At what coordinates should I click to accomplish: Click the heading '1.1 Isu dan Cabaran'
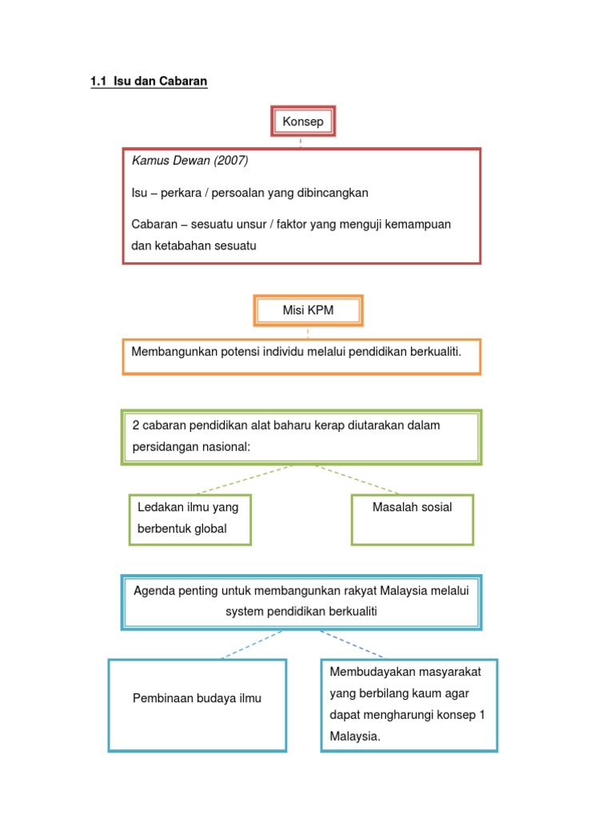[x=149, y=82]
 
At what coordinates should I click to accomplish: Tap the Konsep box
[x=302, y=122]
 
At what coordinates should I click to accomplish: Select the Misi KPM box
[x=308, y=310]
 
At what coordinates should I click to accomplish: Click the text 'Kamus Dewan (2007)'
[x=190, y=161]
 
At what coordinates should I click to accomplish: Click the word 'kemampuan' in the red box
[x=417, y=224]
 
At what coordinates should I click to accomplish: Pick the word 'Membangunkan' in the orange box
[x=169, y=351]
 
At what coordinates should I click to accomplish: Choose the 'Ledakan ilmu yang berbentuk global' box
[x=189, y=518]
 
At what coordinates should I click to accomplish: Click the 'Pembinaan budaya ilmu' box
[x=197, y=698]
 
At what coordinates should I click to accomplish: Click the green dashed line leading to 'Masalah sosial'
[x=360, y=480]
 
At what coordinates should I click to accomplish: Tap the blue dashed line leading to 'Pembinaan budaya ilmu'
[x=252, y=645]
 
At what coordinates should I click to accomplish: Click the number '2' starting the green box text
[x=135, y=425]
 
